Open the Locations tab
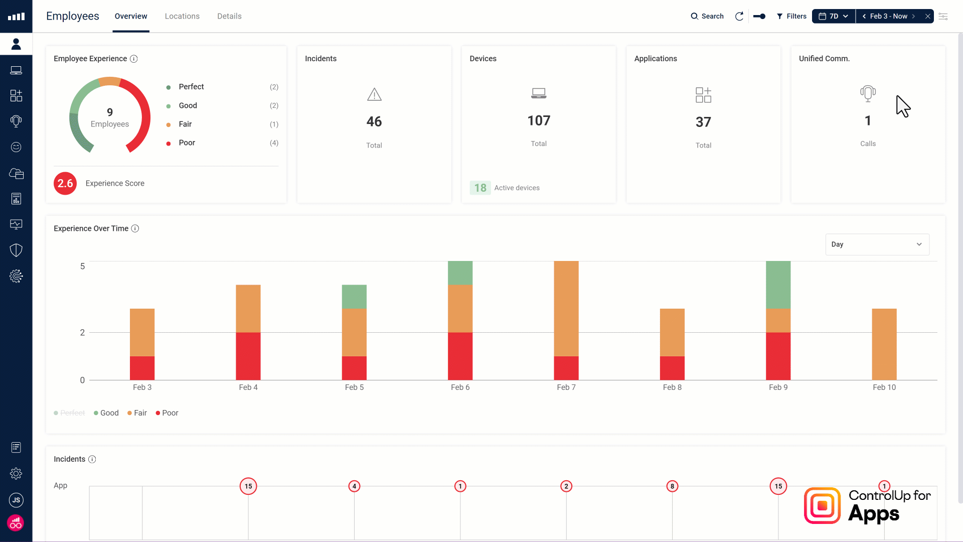pos(182,16)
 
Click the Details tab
pos(229,16)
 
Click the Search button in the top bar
pos(707,16)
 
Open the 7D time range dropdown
pos(833,16)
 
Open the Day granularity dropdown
pos(877,244)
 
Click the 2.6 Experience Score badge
pos(65,183)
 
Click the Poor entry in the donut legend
pos(187,143)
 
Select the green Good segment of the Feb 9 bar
pos(778,285)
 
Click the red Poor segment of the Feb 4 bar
pos(248,356)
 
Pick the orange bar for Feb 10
pos(884,344)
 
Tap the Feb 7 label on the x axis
pos(566,387)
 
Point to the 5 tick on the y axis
pos(82,266)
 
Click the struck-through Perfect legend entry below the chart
pos(72,413)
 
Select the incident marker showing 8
pos(672,486)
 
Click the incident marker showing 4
pos(354,486)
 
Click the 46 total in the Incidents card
pos(374,121)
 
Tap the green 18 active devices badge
pos(480,188)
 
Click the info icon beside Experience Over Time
pos(135,228)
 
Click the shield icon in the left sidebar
pos(16,250)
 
